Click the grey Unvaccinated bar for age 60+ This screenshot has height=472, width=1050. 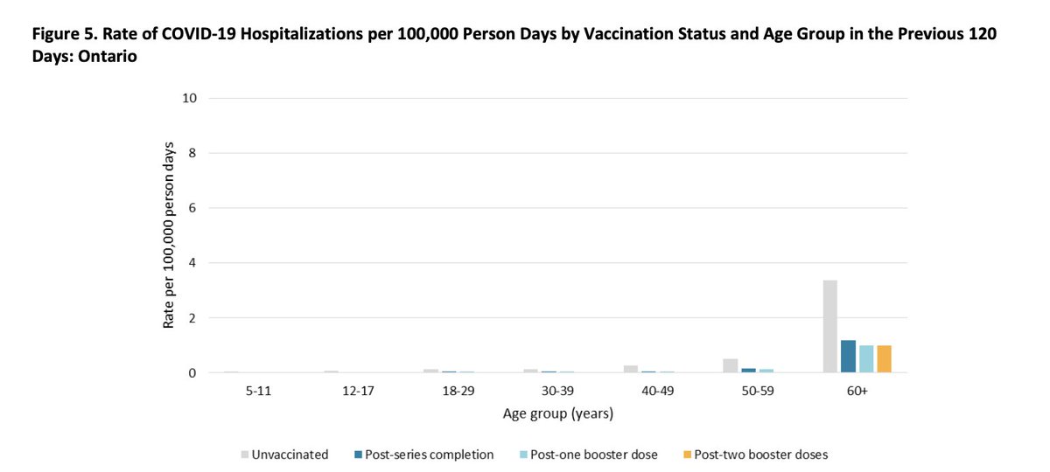pyautogui.click(x=830, y=327)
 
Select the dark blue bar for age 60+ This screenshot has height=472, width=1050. pyautogui.click(x=848, y=357)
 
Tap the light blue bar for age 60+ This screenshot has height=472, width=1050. pyautogui.click(x=866, y=359)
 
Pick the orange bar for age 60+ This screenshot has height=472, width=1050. pyautogui.click(x=884, y=359)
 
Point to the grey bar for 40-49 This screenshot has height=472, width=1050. pyautogui.click(x=630, y=369)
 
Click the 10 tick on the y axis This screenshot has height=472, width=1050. pyautogui.click(x=187, y=98)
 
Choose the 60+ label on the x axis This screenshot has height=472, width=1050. pyautogui.click(x=857, y=392)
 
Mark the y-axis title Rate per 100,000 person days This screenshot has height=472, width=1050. pyautogui.click(x=168, y=235)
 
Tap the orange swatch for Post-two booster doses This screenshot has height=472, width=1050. pyautogui.click(x=688, y=455)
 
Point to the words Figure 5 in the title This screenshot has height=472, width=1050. pyautogui.click(x=60, y=33)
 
